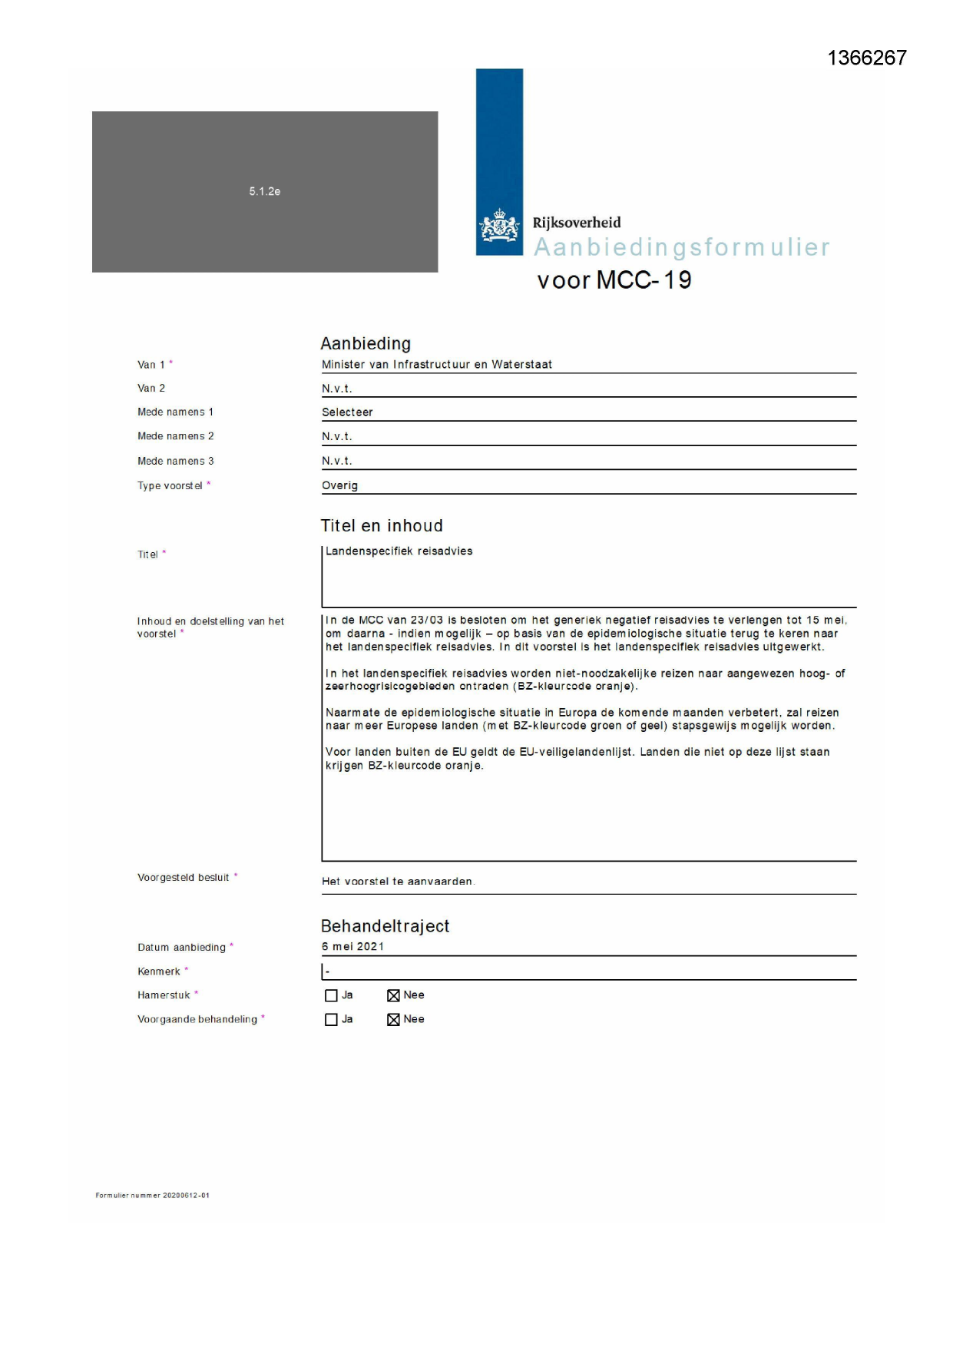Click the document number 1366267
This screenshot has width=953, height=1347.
point(866,58)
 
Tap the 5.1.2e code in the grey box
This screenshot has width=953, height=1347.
point(264,191)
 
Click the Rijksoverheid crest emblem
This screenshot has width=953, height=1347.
point(499,227)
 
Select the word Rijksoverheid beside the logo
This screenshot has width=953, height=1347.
point(577,223)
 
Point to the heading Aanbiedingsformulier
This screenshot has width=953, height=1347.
point(681,247)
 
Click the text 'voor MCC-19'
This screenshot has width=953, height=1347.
point(614,280)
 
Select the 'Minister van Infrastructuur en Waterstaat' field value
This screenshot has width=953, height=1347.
point(436,365)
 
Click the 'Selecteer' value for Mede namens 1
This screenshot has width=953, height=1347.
point(347,412)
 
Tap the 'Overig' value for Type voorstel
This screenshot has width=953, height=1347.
point(339,485)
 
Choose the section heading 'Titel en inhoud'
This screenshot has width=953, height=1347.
point(382,526)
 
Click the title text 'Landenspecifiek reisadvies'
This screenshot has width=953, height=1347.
point(399,551)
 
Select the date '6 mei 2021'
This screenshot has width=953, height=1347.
point(352,947)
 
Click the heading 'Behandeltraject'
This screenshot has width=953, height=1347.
point(385,926)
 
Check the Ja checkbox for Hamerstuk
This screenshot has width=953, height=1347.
point(331,996)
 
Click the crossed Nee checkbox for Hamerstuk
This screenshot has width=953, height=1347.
point(393,996)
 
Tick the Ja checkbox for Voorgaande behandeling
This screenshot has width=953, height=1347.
point(331,1020)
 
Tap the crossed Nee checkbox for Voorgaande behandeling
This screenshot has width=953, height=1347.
point(393,1020)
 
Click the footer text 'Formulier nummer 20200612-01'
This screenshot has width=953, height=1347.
point(152,1196)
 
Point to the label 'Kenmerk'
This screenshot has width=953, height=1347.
point(159,971)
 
